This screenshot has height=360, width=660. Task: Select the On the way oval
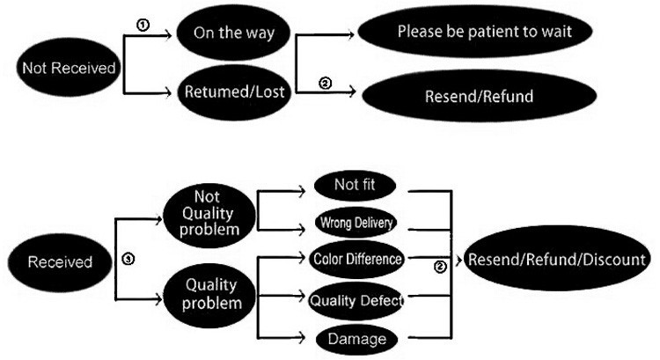[x=234, y=35]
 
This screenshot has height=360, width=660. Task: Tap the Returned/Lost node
[x=233, y=90]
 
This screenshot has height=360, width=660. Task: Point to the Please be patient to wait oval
[x=472, y=31]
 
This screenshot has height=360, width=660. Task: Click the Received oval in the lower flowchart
[x=60, y=262]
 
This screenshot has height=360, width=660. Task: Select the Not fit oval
[x=355, y=185]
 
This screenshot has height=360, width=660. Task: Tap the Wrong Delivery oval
[x=355, y=223]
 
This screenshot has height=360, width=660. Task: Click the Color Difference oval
[x=357, y=259]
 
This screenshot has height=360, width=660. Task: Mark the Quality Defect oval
[x=356, y=300]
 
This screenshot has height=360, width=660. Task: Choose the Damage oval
[x=355, y=337]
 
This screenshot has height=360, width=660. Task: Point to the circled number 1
[x=143, y=26]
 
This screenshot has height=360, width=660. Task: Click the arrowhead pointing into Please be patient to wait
[x=352, y=35]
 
